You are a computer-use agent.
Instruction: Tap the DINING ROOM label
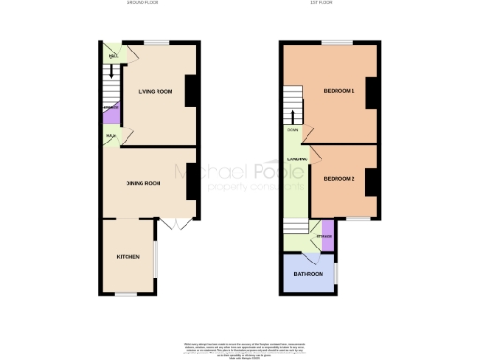(144, 183)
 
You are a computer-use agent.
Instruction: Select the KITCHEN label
(128, 256)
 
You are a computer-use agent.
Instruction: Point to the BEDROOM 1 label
(338, 91)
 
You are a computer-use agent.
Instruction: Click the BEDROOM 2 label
(338, 178)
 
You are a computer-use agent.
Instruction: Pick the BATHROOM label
(308, 274)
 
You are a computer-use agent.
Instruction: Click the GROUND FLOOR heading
(144, 3)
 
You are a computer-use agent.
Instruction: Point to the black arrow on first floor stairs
(293, 117)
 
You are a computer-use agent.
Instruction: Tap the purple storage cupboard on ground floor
(111, 117)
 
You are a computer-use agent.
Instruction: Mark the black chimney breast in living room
(191, 92)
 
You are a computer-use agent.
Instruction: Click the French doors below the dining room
(170, 225)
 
